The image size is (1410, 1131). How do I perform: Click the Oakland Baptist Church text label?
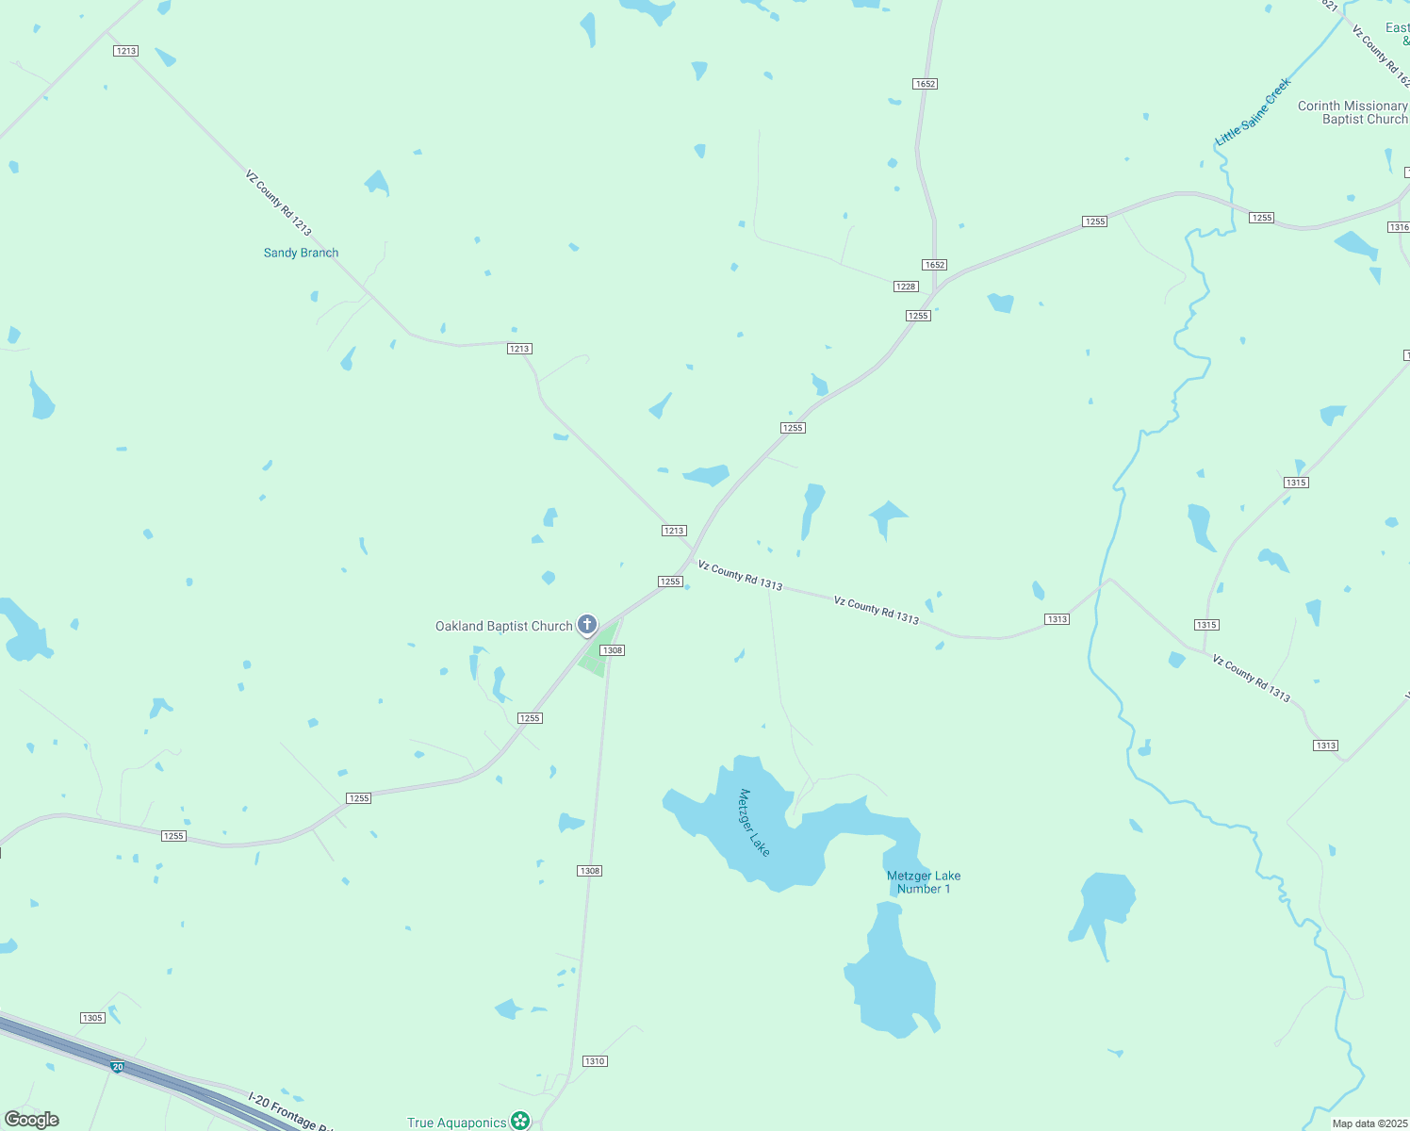[503, 627]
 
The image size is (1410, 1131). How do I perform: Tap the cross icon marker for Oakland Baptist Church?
[587, 624]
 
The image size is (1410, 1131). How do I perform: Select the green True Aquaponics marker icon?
[520, 1121]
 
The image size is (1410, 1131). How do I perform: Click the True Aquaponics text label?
[457, 1123]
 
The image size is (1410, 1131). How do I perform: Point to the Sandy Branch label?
[301, 253]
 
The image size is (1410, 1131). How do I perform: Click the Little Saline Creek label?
[1254, 112]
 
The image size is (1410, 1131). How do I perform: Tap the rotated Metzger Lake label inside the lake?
[754, 823]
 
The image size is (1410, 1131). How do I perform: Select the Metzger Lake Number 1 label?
[924, 882]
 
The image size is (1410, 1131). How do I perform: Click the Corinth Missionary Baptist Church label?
[1353, 112]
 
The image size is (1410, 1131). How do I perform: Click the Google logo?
[32, 1120]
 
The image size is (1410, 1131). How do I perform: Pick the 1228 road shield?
[906, 287]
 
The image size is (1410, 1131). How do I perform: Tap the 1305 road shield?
[92, 1018]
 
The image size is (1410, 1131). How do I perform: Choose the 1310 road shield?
[595, 1061]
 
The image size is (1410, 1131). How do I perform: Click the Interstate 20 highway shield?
[117, 1067]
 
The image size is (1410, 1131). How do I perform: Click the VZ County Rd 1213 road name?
[278, 203]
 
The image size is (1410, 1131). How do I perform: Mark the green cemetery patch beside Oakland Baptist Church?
[598, 651]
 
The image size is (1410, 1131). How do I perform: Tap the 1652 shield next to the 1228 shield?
[934, 265]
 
